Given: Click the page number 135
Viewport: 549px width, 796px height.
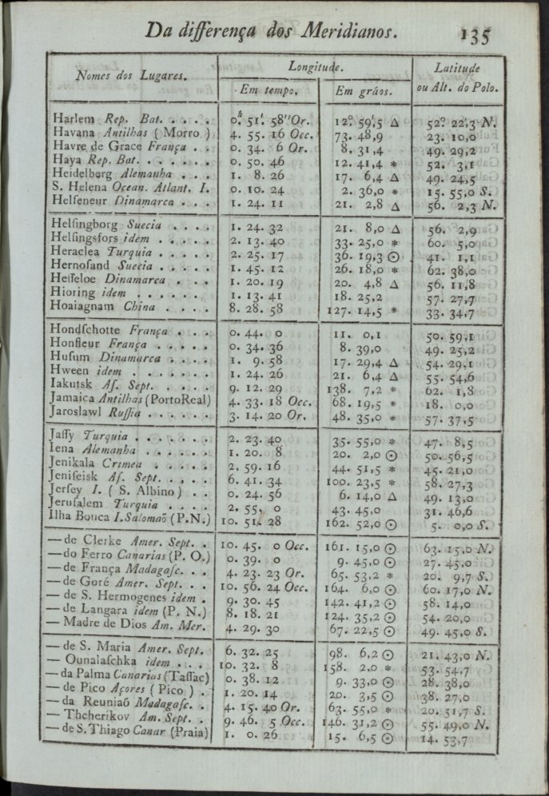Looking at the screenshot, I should click(476, 34).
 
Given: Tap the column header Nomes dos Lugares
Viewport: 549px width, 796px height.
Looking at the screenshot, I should click(131, 76).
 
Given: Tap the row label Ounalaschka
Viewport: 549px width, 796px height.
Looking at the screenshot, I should click(101, 665).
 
